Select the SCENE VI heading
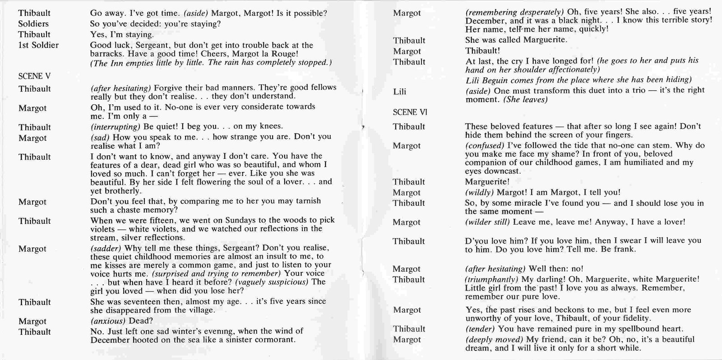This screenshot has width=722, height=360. point(410,112)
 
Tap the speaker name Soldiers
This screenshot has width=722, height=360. point(33,23)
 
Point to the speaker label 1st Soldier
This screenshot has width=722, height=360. point(38,45)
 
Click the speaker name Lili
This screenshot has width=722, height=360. point(399,92)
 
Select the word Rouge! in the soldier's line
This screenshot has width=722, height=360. point(283,54)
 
